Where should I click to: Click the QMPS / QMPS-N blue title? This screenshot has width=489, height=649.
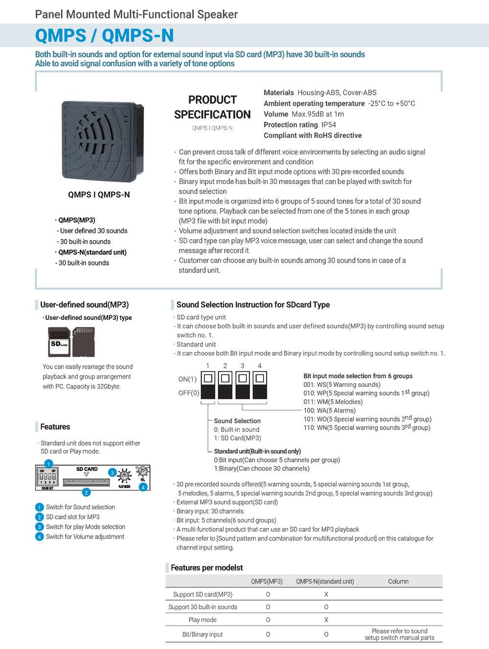pyautogui.click(x=104, y=36)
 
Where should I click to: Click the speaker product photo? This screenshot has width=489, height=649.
pyautogui.click(x=102, y=140)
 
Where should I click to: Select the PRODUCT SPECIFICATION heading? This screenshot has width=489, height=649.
pyautogui.click(x=212, y=107)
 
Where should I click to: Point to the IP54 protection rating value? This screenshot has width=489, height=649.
pyautogui.click(x=329, y=125)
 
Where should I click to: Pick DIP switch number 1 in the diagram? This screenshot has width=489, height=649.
pyautogui.click(x=208, y=385)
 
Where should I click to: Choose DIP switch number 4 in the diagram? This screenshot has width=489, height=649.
pyautogui.click(x=260, y=385)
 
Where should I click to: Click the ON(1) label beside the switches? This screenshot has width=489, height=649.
pyautogui.click(x=187, y=379)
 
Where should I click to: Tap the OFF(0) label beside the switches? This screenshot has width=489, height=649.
pyautogui.click(x=188, y=393)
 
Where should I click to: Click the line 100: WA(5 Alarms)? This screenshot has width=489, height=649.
pyautogui.click(x=329, y=411)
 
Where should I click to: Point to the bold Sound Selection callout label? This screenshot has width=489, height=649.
pyautogui.click(x=237, y=421)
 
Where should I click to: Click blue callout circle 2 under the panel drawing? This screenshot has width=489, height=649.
pyautogui.click(x=86, y=492)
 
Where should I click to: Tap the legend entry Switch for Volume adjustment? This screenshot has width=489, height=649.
pyautogui.click(x=85, y=537)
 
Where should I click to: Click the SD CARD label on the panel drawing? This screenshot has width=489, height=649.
pyautogui.click(x=87, y=469)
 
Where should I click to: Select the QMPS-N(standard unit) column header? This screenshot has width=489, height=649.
pyautogui.click(x=325, y=582)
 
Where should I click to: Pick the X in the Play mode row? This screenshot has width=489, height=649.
pyautogui.click(x=326, y=620)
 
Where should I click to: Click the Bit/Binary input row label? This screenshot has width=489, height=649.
pyautogui.click(x=202, y=634)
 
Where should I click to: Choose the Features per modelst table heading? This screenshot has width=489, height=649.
pyautogui.click(x=206, y=568)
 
